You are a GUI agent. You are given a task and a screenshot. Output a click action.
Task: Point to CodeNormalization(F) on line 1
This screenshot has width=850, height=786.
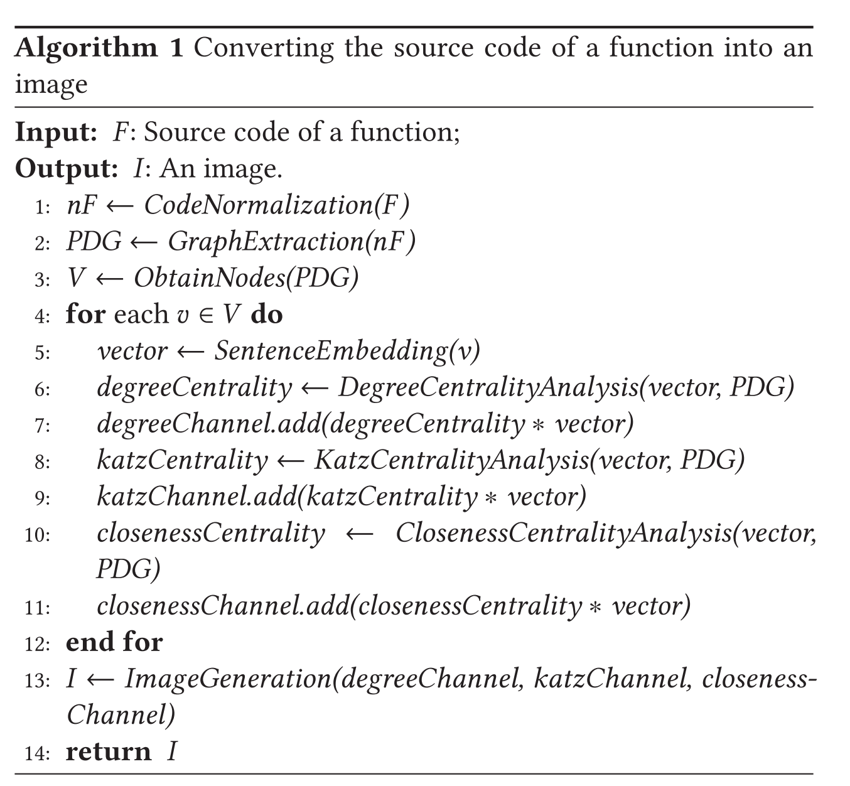point(276,205)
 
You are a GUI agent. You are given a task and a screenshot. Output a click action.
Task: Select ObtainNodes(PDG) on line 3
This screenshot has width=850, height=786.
point(245,278)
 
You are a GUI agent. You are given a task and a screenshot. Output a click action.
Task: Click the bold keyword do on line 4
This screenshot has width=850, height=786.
point(267,314)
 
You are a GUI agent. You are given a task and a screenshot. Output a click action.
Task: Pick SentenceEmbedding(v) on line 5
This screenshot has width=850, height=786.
point(347,351)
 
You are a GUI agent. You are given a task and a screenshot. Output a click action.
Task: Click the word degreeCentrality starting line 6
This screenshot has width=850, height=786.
point(194,387)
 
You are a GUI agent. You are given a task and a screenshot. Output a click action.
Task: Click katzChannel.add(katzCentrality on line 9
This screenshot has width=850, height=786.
point(287,497)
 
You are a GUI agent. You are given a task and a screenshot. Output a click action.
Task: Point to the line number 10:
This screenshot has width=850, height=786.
point(38,535)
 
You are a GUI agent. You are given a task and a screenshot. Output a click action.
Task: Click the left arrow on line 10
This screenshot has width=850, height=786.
point(360,534)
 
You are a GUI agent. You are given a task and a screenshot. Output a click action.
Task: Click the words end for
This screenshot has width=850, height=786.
point(114,642)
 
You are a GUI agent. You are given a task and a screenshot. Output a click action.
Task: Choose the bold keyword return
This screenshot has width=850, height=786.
point(109,751)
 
